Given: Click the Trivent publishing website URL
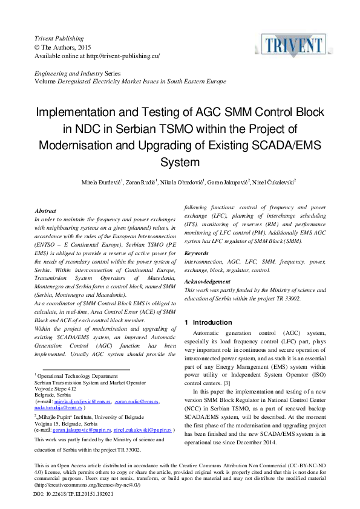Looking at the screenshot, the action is pos(122,56).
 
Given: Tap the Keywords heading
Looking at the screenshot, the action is pos(196,253).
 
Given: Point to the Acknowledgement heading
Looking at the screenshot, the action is pos(207,282).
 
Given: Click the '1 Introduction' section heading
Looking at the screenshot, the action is pos(208,322).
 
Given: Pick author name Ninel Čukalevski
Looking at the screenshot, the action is pos(273,181).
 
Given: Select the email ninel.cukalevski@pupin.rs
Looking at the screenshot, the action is pos(143,430).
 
